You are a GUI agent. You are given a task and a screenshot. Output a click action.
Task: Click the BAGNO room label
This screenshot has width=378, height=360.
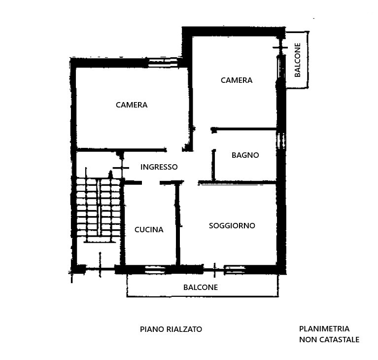pyautogui.click(x=245, y=155)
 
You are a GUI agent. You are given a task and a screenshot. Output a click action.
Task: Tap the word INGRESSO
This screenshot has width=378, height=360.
pyautogui.click(x=159, y=167)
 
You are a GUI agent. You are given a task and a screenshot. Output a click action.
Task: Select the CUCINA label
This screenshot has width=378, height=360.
pyautogui.click(x=149, y=229)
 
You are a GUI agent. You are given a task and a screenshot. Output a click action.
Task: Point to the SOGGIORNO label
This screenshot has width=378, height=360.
pyautogui.click(x=232, y=225)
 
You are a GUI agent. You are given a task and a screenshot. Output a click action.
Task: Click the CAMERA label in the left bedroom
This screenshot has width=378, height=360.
pyautogui.click(x=132, y=105)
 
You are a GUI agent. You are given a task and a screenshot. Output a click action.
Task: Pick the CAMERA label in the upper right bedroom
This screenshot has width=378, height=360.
pyautogui.click(x=237, y=80)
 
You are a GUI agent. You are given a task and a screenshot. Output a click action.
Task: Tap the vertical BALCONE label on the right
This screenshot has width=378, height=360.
pyautogui.click(x=298, y=60)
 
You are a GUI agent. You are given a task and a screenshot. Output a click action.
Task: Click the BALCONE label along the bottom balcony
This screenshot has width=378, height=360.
pyautogui.click(x=201, y=287)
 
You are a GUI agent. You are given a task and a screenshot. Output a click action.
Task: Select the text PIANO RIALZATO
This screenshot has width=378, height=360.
pyautogui.click(x=171, y=329)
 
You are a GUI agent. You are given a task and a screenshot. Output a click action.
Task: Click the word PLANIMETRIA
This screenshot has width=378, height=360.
pyautogui.click(x=324, y=328)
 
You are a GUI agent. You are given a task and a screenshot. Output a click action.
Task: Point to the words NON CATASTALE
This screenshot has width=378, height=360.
pyautogui.click(x=329, y=339)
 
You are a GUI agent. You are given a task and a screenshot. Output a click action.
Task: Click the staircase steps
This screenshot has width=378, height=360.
pyautogui.click(x=99, y=210)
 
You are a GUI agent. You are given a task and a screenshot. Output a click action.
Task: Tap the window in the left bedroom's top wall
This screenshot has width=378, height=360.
pyautogui.click(x=163, y=63)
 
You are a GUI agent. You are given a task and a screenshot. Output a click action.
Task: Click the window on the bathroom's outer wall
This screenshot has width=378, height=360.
pyautogui.click(x=281, y=141)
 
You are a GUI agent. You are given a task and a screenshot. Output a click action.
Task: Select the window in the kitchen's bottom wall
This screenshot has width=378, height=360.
pyautogui.click(x=155, y=270)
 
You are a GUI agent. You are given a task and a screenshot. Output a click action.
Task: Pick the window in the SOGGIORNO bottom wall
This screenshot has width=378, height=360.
pyautogui.click(x=235, y=270)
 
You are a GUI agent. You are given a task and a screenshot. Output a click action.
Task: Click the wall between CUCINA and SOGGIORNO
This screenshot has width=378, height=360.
pyautogui.click(x=178, y=224)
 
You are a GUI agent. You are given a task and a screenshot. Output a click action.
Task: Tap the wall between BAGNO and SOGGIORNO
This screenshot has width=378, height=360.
pyautogui.click(x=237, y=182)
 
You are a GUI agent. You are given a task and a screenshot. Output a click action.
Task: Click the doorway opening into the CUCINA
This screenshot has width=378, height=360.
pyautogui.click(x=151, y=182)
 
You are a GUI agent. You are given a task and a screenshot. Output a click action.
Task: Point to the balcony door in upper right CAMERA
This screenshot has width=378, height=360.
pyautogui.click(x=280, y=67)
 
